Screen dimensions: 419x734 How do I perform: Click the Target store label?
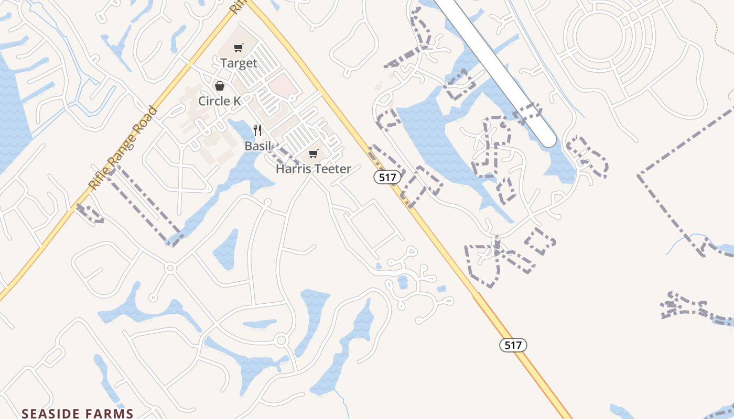coord(239,63)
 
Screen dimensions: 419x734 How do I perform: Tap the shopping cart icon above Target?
coord(239,48)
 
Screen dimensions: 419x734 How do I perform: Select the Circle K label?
coord(220,101)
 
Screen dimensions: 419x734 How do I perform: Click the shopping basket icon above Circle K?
coord(220,86)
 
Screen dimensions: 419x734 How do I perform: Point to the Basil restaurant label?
coord(257,146)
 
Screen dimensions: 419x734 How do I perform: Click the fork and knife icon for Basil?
coord(257,130)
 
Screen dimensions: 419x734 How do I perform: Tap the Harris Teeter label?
coord(313,169)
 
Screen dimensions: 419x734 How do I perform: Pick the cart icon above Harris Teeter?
coord(313,153)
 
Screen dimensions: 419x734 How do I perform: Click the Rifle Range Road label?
coord(124,148)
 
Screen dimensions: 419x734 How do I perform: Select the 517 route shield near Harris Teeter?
coord(387,178)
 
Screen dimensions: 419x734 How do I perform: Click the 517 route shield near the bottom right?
coord(513,345)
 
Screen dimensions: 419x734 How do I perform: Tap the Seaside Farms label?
coord(78,414)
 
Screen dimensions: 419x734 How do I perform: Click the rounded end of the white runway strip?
coord(547,138)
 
